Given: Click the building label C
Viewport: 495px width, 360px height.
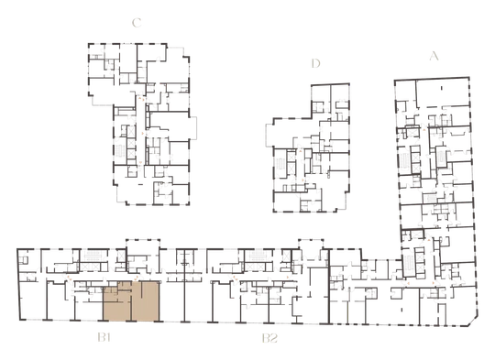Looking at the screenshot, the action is coord(137,23).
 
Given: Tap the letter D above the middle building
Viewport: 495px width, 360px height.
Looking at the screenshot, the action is coord(315,63).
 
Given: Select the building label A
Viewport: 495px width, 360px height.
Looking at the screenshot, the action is coord(434,56).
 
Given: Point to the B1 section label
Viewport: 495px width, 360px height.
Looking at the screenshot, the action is coord(104,338).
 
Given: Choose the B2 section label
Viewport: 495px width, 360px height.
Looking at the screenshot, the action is coord(269,338).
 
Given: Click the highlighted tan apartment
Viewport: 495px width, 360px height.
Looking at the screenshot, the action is coord(131,301).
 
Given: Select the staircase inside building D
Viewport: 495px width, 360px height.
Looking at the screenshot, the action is coord(280,165).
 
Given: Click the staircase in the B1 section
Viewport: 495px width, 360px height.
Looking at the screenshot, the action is coord(93,256).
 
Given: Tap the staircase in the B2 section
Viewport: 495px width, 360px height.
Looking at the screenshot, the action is coord(258,256).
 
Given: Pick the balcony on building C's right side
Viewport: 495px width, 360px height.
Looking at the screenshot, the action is coord(193,127).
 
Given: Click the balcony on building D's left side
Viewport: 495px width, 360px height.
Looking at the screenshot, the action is coord(269,135).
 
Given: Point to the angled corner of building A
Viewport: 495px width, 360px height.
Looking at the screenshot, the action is coord(473,321).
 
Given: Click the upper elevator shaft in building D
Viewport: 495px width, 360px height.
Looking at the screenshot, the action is coord(291,157).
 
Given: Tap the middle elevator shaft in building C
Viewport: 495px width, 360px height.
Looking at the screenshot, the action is coord(131,143).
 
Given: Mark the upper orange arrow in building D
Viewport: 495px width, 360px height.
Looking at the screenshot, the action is coord(301,152).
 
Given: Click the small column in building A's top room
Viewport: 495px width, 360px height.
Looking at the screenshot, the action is coord(441,88).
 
